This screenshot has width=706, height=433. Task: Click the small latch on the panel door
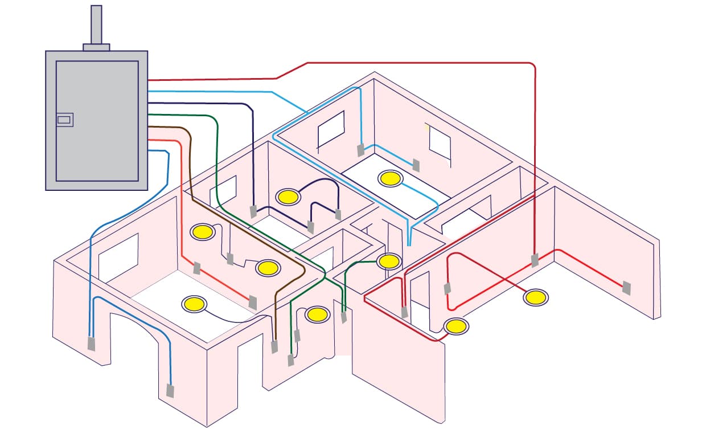64,120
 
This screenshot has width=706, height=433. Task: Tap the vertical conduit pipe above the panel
96,24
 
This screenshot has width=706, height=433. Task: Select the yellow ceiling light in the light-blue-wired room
391,178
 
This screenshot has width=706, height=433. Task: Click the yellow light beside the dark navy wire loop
288,197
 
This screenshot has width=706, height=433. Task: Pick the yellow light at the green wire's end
389,262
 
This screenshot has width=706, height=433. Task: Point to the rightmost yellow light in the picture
535,297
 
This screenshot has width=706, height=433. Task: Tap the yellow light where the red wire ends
455,326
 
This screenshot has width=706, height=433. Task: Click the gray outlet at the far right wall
626,288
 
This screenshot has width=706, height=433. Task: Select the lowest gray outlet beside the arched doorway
170,391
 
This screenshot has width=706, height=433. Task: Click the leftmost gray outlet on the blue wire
91,344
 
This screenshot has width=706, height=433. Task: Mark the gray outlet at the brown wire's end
274,346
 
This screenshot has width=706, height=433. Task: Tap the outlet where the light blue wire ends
416,165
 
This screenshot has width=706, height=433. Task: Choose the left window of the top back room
331,128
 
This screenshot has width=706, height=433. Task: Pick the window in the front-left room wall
118,257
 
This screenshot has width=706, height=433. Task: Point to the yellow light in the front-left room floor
194,304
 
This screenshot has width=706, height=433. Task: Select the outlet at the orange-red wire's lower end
253,302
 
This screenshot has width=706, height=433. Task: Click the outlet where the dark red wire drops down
535,261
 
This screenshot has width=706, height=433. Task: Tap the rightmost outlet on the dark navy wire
338,215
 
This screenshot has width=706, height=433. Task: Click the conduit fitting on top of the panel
96,47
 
